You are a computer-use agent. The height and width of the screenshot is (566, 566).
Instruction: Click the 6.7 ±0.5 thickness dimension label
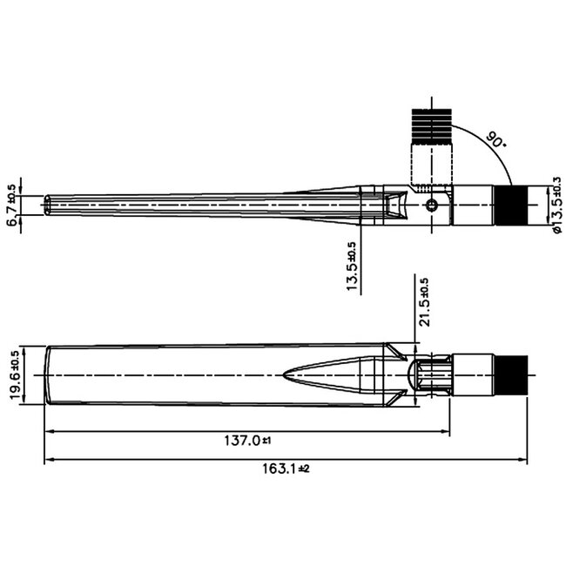coord(11,205)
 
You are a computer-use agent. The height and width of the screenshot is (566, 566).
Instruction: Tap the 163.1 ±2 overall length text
coord(280,468)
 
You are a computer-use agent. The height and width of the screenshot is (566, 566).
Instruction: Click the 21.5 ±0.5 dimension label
coord(424,301)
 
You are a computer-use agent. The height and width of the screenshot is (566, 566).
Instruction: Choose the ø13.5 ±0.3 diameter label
coord(556,206)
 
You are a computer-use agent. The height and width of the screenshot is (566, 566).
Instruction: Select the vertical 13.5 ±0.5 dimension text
coord(353,267)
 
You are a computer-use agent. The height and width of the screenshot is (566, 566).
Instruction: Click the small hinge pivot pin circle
coord(433,206)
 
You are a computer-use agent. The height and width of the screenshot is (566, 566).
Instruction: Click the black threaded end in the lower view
coord(513,375)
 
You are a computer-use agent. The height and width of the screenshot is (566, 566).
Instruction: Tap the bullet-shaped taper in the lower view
coord(327,375)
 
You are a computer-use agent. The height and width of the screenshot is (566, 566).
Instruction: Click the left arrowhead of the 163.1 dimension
coord(48,459)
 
